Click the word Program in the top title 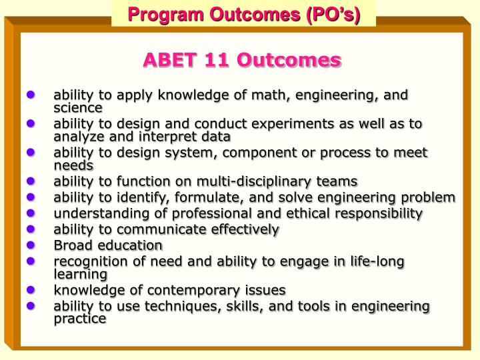(x=159, y=13)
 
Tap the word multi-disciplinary (x=252, y=181)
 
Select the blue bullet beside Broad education (x=31, y=245)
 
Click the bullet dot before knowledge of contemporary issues (x=31, y=290)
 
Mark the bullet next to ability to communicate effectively (x=31, y=229)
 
